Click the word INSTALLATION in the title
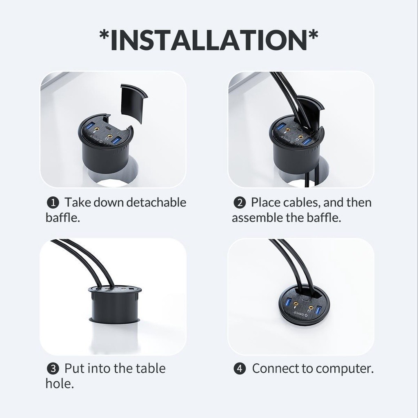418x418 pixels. point(209,40)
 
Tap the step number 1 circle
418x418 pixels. point(53,203)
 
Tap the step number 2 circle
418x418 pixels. point(240,203)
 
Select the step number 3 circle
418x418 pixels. point(53,369)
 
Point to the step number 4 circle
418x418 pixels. point(240,369)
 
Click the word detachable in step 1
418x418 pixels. point(156,202)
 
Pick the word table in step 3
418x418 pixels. point(151,369)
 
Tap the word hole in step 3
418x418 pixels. point(59,384)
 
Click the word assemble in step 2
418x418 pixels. point(257,218)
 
